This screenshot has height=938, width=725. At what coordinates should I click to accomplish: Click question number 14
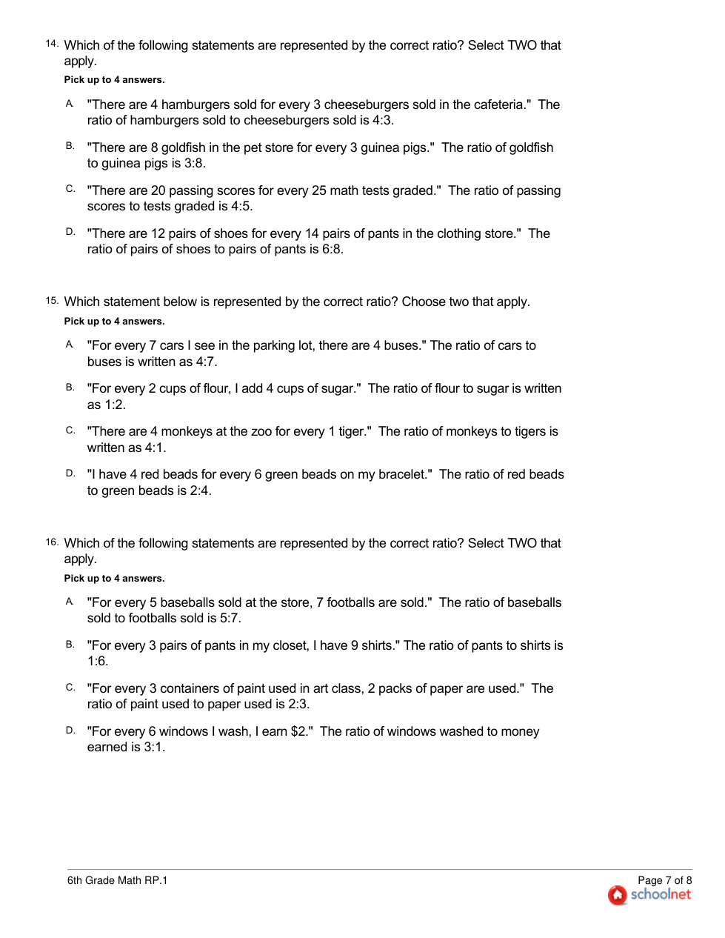[x=51, y=44]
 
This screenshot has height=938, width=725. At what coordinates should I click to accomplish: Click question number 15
[x=51, y=301]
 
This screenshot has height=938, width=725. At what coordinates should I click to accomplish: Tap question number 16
[x=51, y=542]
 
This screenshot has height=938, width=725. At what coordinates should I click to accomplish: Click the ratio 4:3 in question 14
[x=382, y=120]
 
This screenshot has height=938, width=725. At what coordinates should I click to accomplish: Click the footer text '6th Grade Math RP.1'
[x=117, y=880]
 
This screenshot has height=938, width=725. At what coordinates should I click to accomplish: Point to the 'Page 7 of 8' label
[x=664, y=880]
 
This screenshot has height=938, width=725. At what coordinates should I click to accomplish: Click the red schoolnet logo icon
[x=617, y=895]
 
